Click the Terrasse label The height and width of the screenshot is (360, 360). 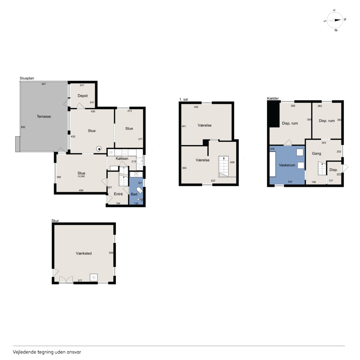(44, 116)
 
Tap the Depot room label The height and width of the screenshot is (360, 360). (83, 96)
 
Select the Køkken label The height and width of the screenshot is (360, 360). (122, 158)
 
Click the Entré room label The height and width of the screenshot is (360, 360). (118, 194)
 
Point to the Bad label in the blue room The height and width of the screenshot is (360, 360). (134, 194)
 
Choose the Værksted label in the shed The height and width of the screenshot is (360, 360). (84, 253)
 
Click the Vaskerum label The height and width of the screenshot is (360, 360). (287, 165)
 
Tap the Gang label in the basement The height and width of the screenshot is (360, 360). (316, 153)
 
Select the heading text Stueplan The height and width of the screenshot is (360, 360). (27, 78)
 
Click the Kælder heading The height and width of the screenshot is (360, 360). (273, 98)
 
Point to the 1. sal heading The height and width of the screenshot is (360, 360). (183, 99)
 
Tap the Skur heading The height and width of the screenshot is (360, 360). (55, 220)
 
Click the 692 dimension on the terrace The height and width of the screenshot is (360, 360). (23, 127)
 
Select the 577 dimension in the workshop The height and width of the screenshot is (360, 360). (80, 280)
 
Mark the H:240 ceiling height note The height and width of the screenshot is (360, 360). (81, 176)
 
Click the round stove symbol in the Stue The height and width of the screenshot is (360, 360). (99, 149)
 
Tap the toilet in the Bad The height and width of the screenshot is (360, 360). (140, 190)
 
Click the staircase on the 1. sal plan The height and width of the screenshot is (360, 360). (223, 166)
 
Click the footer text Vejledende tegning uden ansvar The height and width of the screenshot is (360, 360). (47, 352)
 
